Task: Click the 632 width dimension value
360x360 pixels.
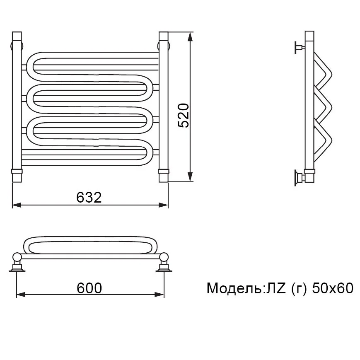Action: (89, 197)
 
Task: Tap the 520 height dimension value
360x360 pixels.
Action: (184, 116)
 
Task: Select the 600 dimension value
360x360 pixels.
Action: (89, 288)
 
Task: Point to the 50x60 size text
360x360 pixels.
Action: (332, 288)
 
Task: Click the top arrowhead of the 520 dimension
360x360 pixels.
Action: (190, 37)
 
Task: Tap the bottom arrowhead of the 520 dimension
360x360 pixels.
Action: (190, 177)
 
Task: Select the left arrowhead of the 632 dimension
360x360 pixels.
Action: (17, 205)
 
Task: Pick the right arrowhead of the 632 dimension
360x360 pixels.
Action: (164, 205)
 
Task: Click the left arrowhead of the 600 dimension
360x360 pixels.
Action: (21, 295)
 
